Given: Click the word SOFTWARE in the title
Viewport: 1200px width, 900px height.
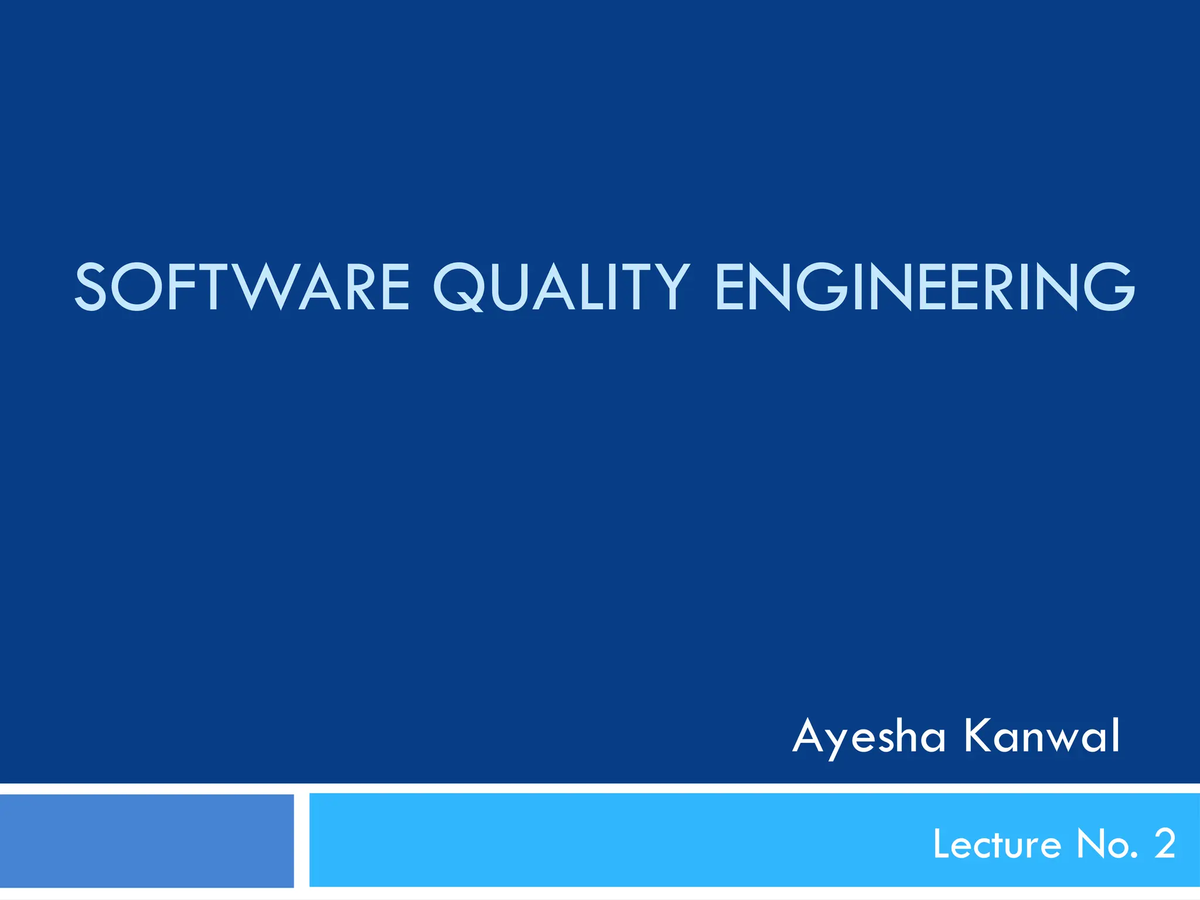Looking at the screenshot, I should tap(242, 287).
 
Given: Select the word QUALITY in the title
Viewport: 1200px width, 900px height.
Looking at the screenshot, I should tap(561, 287).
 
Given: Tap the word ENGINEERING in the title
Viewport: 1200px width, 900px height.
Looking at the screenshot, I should tap(925, 287).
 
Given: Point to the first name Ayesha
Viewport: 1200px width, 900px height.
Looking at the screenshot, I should tap(869, 737).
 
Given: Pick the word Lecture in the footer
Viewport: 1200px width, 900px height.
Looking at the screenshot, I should tap(997, 844).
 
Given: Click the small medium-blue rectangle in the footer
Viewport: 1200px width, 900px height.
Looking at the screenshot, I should tap(146, 840).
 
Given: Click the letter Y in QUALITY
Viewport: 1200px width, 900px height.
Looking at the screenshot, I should tap(670, 287).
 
